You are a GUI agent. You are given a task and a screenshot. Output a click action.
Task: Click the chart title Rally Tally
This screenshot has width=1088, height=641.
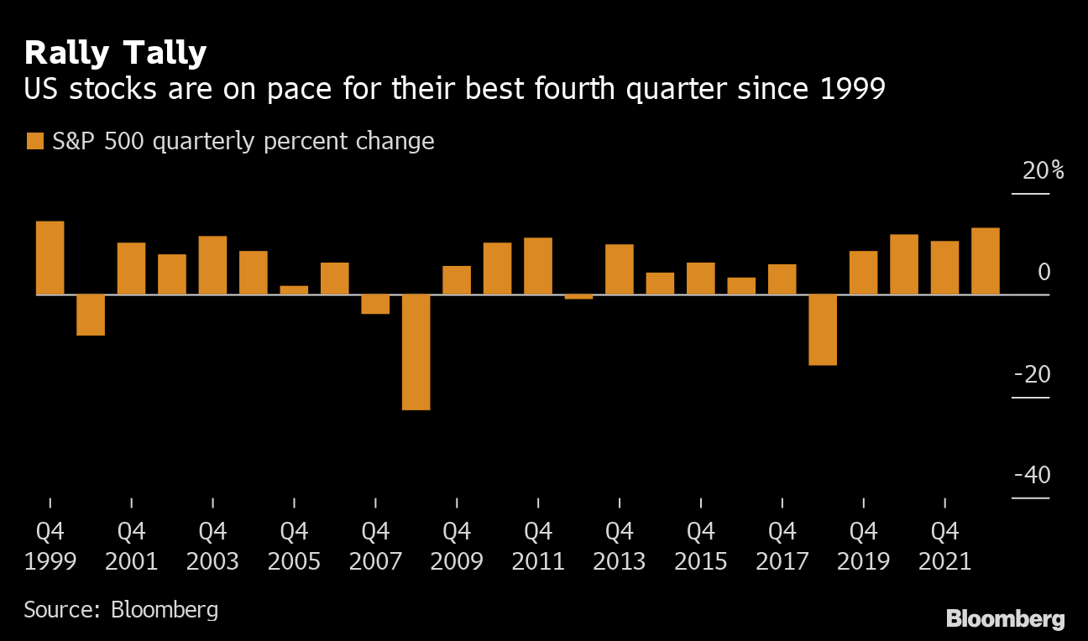pyautogui.click(x=115, y=53)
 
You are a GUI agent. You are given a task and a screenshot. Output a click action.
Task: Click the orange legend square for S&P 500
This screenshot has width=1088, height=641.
pyautogui.click(x=34, y=141)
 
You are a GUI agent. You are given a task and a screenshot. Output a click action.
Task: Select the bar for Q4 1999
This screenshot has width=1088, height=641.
pyautogui.click(x=50, y=258)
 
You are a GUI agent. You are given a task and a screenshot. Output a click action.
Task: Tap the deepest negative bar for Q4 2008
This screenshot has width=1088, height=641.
pyautogui.click(x=416, y=352)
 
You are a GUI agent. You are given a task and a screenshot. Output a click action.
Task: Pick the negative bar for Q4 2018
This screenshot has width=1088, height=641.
pyautogui.click(x=823, y=329)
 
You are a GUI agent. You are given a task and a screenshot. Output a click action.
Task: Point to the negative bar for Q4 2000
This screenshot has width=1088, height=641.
pyautogui.click(x=91, y=315)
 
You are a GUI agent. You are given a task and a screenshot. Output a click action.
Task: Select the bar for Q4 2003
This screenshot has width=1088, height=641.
pyautogui.click(x=212, y=265)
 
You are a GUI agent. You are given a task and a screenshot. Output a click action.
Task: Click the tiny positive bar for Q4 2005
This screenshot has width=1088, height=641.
pyautogui.click(x=294, y=289)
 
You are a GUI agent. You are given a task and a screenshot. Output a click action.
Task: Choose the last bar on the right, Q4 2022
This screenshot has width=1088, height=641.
pyautogui.click(x=986, y=261)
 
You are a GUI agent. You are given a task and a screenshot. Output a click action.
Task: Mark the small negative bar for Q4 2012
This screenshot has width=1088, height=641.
pyautogui.click(x=579, y=297)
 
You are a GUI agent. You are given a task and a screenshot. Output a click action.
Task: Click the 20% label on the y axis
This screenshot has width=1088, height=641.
pyautogui.click(x=1043, y=171)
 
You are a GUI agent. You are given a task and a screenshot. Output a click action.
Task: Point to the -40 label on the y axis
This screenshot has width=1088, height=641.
pyautogui.click(x=1033, y=475)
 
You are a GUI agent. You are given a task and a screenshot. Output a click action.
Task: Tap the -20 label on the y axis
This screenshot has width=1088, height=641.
pyautogui.click(x=1033, y=374)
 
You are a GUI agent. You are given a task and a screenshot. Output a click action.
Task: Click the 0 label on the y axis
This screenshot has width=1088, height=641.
pyautogui.click(x=1044, y=273)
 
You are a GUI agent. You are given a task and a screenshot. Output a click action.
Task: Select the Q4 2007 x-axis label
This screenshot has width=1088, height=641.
pyautogui.click(x=375, y=546)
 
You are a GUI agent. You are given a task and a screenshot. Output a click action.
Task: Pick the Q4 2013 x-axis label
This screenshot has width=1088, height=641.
pyautogui.click(x=620, y=546)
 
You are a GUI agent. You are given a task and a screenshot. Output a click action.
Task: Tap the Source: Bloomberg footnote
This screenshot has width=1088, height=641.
pyautogui.click(x=121, y=609)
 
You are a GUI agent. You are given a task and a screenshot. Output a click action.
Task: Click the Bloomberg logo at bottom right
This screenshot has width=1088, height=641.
pyautogui.click(x=1006, y=619)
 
